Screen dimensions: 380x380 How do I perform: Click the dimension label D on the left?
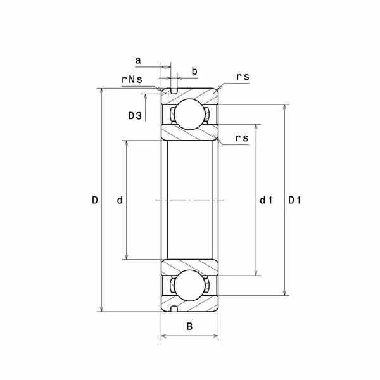(95, 200)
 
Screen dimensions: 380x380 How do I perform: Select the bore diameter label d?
(120, 200)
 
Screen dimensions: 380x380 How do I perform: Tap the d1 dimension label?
(266, 200)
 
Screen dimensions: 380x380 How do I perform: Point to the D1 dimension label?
(294, 200)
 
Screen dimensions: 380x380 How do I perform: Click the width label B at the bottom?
(189, 326)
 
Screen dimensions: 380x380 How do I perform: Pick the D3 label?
(135, 116)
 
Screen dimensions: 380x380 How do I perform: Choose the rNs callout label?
(132, 80)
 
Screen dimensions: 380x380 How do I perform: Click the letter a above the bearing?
(138, 61)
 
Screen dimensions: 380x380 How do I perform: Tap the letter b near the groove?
(194, 71)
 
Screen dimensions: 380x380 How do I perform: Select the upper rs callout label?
(243, 77)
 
